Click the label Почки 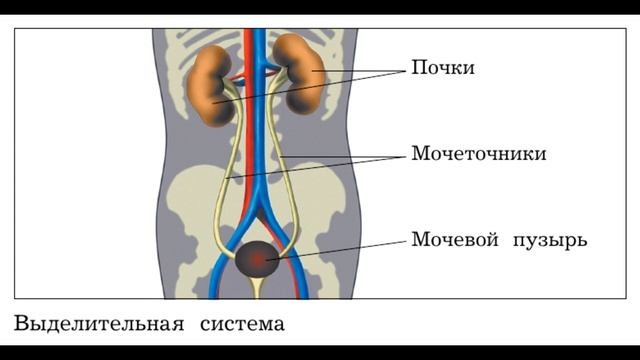click(x=442, y=68)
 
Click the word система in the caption click(x=241, y=324)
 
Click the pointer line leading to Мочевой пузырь click(x=340, y=247)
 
